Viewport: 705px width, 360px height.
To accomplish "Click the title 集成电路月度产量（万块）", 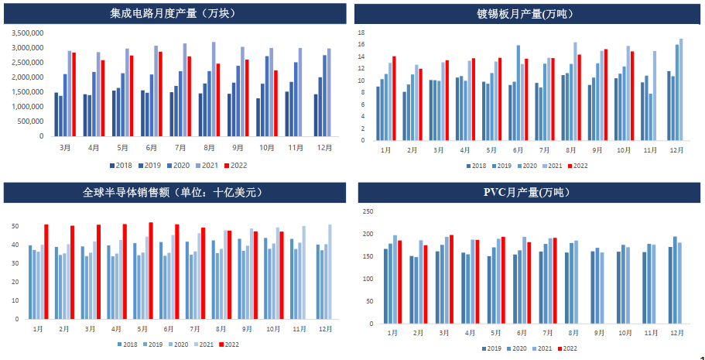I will (x=174, y=13).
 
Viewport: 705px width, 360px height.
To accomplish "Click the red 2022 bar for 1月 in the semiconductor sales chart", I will (x=46, y=272).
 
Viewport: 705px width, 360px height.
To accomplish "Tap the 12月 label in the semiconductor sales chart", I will (x=323, y=328).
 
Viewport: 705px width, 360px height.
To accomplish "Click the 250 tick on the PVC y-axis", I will (x=368, y=211).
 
